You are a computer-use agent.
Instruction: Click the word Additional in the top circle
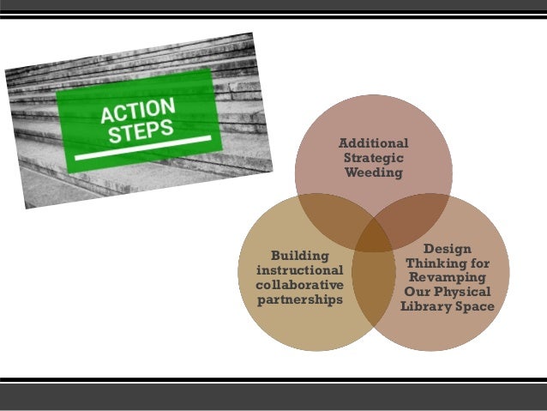pyautogui.click(x=373, y=143)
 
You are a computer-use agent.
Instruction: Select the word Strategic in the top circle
pyautogui.click(x=373, y=159)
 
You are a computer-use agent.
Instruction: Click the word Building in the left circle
pyautogui.click(x=299, y=255)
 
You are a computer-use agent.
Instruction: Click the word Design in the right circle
pyautogui.click(x=447, y=248)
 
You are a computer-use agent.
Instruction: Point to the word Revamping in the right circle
pyautogui.click(x=447, y=278)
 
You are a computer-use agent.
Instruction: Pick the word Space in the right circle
pyautogui.click(x=476, y=307)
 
